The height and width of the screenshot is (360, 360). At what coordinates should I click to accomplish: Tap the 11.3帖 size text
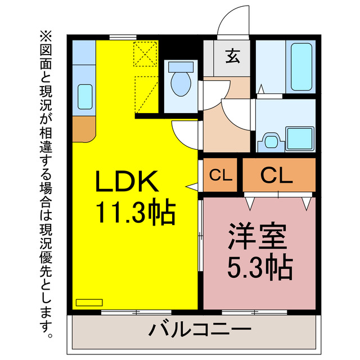point(135,213)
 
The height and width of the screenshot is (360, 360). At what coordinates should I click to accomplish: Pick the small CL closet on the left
point(221,175)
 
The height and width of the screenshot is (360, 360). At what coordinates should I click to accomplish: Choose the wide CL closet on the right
point(277,175)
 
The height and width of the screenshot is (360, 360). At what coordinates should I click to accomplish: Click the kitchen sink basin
point(85,97)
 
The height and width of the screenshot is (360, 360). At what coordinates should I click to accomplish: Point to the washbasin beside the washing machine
point(269,140)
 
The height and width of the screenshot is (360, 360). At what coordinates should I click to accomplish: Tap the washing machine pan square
point(300,138)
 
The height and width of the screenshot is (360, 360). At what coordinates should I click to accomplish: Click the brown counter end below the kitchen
point(85,129)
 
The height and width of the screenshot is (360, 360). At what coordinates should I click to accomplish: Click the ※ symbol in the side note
point(46,37)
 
